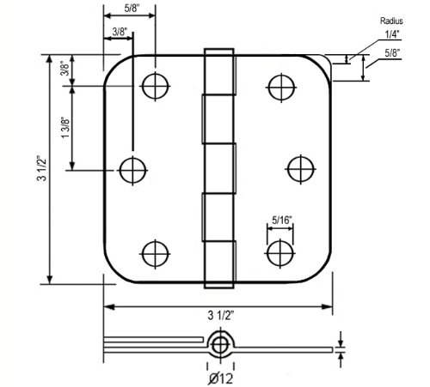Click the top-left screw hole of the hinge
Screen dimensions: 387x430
[154, 86]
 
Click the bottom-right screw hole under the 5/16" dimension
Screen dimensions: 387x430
[279, 253]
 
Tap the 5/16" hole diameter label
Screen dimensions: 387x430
[280, 219]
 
